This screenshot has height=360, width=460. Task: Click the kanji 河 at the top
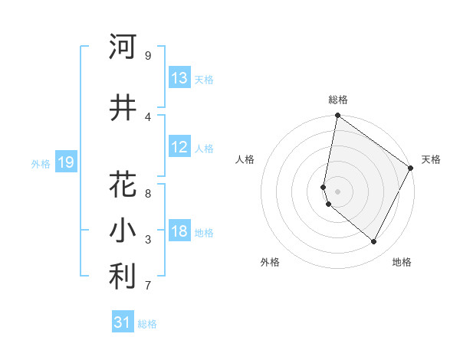pyautogui.click(x=123, y=47)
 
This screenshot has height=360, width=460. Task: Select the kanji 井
pyautogui.click(x=123, y=108)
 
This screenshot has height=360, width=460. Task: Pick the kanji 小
pyautogui.click(x=123, y=231)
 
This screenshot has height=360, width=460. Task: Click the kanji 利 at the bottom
pyautogui.click(x=123, y=277)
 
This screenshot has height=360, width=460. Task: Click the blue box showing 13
pyautogui.click(x=179, y=78)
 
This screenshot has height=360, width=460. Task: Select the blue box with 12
pyautogui.click(x=179, y=147)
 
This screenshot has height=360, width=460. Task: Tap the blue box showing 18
pyautogui.click(x=179, y=231)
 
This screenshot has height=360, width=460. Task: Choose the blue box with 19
pyautogui.click(x=66, y=162)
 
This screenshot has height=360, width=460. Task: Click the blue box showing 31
pyautogui.click(x=123, y=322)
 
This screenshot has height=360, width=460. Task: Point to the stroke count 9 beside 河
pyautogui.click(x=148, y=56)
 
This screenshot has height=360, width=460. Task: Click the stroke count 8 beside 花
pyautogui.click(x=148, y=194)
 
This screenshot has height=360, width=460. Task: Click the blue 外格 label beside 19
pyautogui.click(x=41, y=163)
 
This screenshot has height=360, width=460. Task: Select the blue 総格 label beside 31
pyautogui.click(x=147, y=324)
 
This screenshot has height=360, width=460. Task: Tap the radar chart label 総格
pyautogui.click(x=338, y=100)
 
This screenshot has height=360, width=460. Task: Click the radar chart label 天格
pyautogui.click(x=431, y=159)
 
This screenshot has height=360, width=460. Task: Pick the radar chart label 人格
pyautogui.click(x=245, y=159)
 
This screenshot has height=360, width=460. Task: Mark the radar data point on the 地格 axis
pyautogui.click(x=374, y=242)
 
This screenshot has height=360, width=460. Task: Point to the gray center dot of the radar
pyautogui.click(x=338, y=191)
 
